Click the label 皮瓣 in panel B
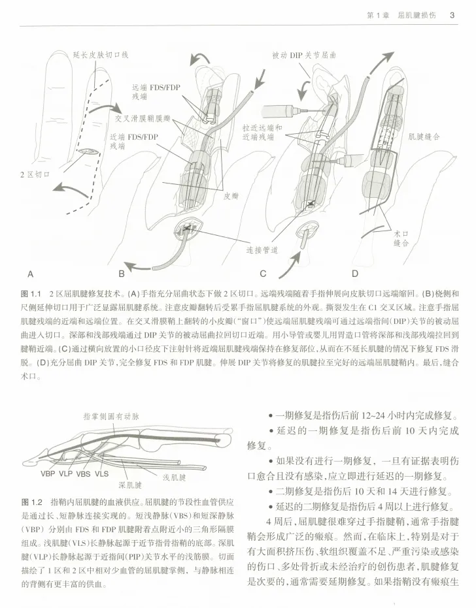[230, 194]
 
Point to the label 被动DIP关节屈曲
[304, 56]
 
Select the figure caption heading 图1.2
[31, 502]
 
